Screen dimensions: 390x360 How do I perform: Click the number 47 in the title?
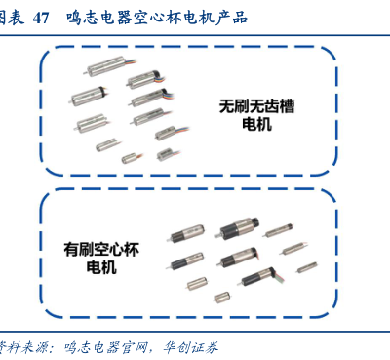click(x=41, y=18)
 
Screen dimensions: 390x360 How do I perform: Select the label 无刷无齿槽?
click(x=256, y=106)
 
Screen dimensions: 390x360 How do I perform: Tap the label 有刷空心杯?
click(x=101, y=250)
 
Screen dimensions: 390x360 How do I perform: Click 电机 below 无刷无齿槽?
click(x=256, y=124)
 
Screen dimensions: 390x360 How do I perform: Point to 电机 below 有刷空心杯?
click(x=101, y=267)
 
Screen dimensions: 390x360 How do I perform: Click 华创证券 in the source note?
click(x=190, y=347)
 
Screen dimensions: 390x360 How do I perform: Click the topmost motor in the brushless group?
click(x=110, y=65)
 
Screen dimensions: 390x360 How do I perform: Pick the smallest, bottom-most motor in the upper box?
click(x=131, y=158)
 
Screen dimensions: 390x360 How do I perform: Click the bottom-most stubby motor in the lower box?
click(x=222, y=297)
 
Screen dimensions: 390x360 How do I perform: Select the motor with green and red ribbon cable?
click(x=261, y=277)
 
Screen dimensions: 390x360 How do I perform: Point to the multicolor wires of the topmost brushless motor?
click(x=131, y=61)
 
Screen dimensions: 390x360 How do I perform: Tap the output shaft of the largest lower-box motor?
click(x=217, y=235)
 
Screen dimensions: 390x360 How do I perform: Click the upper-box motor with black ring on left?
click(x=89, y=96)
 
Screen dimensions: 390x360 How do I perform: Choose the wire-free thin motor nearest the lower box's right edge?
click(x=307, y=267)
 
